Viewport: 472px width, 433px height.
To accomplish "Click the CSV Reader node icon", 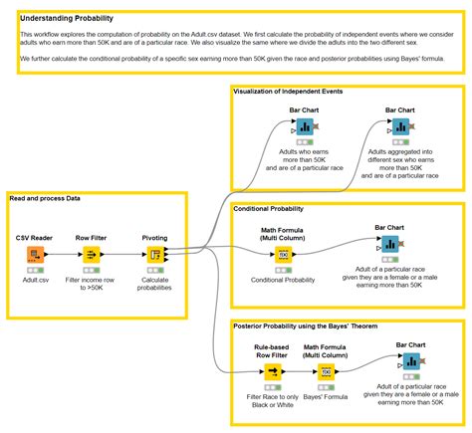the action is pos(35,256).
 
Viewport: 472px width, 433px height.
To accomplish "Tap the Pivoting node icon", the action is pos(155,256).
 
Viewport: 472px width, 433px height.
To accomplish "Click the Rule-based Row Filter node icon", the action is pos(273,371).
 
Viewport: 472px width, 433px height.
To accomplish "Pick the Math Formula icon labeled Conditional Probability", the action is pos(283,255).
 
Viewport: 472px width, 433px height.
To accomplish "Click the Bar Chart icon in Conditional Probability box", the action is pos(390,243).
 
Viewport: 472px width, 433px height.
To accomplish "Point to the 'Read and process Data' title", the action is pos(46,198).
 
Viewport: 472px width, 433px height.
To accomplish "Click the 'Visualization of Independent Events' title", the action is pos(288,92).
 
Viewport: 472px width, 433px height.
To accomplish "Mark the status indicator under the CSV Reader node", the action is pos(35,271).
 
